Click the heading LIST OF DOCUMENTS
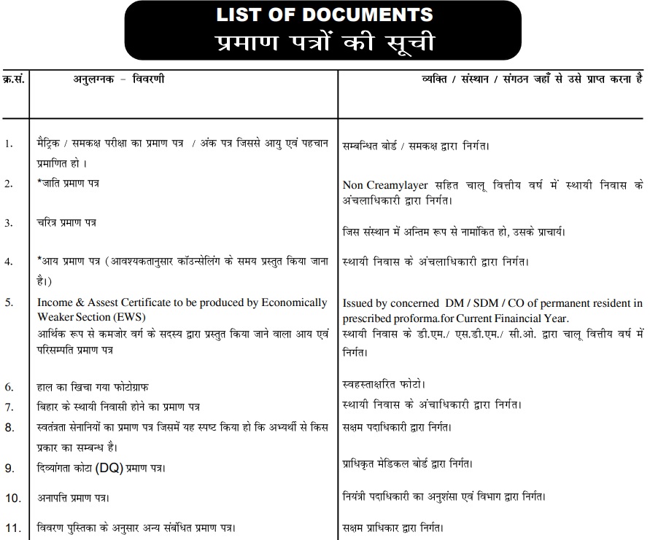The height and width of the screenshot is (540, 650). coord(324,15)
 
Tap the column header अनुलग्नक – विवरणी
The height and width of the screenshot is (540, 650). coord(118,79)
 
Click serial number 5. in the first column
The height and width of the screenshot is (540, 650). coord(9,302)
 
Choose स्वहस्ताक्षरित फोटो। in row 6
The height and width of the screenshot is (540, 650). coord(384,383)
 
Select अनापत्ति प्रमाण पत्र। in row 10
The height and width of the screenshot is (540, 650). coord(74,498)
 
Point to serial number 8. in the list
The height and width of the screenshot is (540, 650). coord(9,427)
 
